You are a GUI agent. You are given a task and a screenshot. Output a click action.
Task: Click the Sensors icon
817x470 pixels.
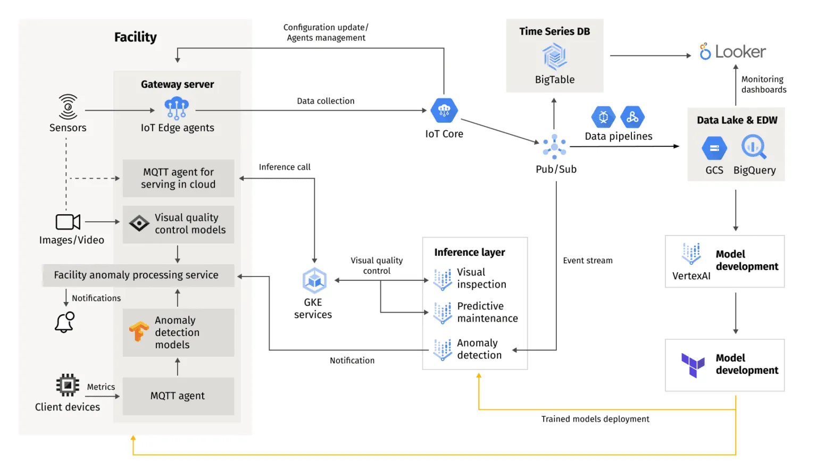(x=68, y=107)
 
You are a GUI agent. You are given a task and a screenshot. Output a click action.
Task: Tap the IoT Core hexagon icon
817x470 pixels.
(x=444, y=111)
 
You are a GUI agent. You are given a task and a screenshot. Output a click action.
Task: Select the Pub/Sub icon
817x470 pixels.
(x=554, y=146)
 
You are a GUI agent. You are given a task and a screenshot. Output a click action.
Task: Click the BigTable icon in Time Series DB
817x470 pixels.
(x=554, y=57)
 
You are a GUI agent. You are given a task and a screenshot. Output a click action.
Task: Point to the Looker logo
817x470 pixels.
(x=733, y=52)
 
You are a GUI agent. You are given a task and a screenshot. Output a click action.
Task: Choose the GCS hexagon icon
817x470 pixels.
(x=714, y=148)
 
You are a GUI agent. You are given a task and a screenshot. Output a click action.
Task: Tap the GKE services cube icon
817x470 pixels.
(x=314, y=281)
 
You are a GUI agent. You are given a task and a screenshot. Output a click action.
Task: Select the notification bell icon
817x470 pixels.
(x=65, y=322)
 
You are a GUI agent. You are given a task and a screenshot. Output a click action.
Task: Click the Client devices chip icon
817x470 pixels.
(x=68, y=385)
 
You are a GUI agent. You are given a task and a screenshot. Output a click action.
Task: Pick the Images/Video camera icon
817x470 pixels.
(x=68, y=222)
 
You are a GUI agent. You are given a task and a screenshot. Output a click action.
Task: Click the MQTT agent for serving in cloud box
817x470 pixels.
(x=178, y=178)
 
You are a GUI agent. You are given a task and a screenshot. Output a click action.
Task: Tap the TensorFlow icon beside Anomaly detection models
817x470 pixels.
(x=139, y=332)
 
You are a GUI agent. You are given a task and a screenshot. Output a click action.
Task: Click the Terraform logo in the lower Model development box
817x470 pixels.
(x=693, y=365)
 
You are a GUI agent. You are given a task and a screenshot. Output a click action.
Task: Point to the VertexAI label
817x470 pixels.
(x=691, y=276)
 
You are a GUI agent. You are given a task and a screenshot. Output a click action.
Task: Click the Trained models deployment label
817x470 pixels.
(x=595, y=419)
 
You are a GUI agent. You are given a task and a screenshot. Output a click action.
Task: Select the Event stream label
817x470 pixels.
(x=587, y=261)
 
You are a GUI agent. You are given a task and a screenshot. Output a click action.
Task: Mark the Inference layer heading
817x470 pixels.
(x=469, y=253)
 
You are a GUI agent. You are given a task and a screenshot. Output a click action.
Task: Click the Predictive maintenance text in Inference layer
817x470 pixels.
(x=487, y=312)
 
